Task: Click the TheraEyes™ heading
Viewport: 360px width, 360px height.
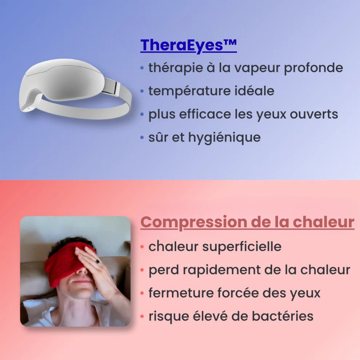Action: [x=188, y=45]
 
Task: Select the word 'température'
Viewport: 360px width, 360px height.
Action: [x=189, y=91]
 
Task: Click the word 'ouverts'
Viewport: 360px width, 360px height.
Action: [x=314, y=114]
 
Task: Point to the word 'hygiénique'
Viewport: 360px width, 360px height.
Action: [x=224, y=138]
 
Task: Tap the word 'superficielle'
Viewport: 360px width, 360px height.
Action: [x=242, y=247]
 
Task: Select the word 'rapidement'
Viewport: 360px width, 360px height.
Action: [x=222, y=270]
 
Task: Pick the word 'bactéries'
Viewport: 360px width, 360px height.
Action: [x=283, y=316]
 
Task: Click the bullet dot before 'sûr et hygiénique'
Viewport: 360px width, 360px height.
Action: [x=142, y=138]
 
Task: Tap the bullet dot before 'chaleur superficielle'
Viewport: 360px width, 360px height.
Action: [x=142, y=247]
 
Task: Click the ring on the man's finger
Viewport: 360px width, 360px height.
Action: [x=98, y=261]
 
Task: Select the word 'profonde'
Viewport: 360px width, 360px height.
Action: [x=313, y=68]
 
